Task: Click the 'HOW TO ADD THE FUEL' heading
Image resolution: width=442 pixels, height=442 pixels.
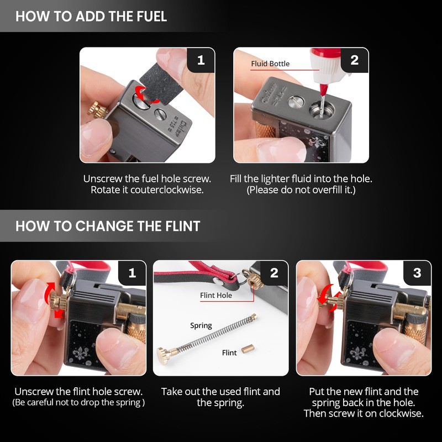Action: point(91,16)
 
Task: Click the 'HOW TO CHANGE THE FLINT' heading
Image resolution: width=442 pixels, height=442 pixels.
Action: point(108,226)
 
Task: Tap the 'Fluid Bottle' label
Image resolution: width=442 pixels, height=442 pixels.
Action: point(270,64)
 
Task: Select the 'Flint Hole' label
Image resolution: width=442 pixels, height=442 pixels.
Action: point(216,295)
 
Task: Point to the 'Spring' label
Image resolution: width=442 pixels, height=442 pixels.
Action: point(201,325)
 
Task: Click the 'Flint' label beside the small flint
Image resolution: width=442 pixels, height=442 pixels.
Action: point(229,352)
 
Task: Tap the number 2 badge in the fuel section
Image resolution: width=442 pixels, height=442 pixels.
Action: point(354,60)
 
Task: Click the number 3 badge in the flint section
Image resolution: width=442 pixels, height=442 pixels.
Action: point(417,273)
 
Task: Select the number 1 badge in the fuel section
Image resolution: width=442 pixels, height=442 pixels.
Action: point(201,60)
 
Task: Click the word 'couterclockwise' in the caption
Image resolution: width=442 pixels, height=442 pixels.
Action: point(167,190)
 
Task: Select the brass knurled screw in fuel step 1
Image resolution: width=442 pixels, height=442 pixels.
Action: point(96,109)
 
